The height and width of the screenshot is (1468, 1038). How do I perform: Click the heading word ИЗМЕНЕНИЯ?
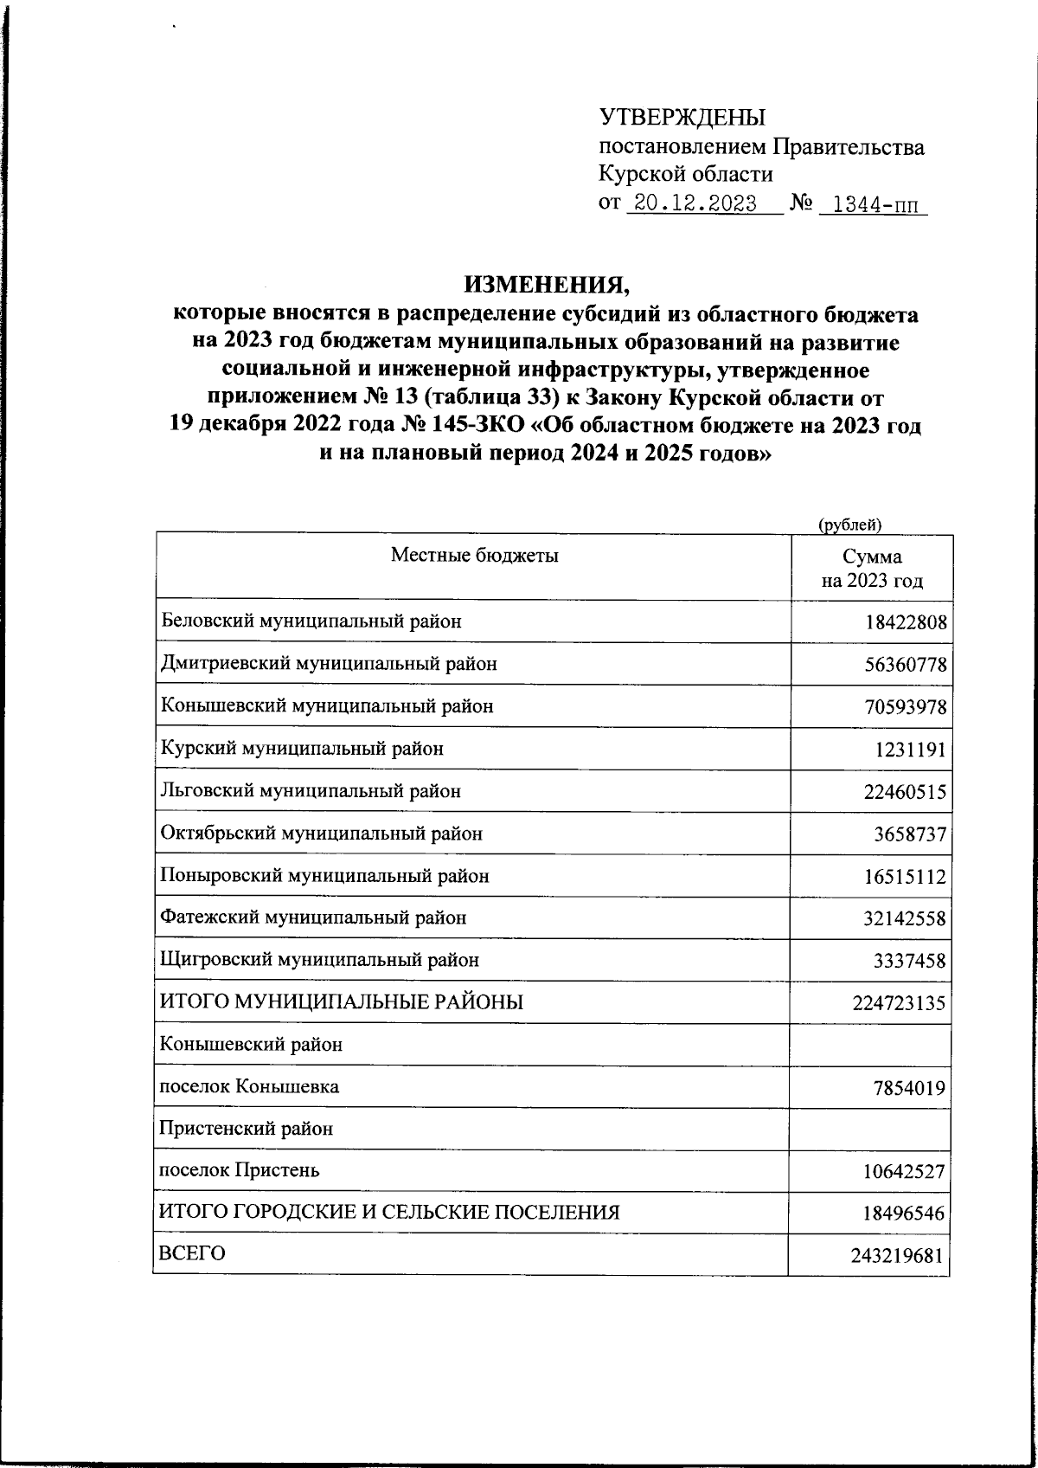pos(545,284)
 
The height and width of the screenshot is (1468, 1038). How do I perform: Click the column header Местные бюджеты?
pos(475,555)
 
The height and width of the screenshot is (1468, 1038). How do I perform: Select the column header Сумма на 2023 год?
pos(872,569)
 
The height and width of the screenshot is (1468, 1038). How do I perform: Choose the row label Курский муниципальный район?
pos(303,748)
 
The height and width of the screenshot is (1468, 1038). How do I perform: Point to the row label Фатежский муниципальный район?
pos(314,917)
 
